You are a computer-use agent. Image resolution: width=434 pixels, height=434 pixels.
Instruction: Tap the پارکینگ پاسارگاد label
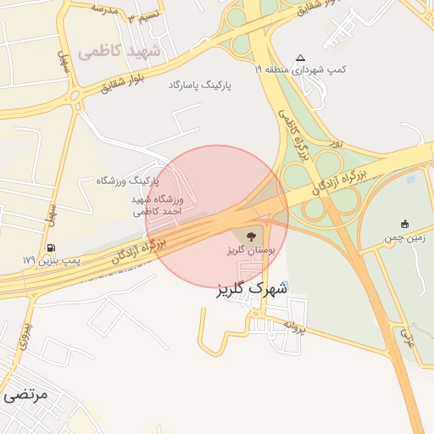[199, 86]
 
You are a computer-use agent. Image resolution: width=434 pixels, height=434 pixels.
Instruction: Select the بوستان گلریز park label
[247, 251]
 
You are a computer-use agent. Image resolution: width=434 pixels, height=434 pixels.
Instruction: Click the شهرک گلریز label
[253, 289]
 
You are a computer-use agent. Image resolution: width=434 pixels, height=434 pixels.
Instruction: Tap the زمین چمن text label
[405, 241]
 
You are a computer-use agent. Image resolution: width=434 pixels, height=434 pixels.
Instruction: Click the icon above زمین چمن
[405, 225]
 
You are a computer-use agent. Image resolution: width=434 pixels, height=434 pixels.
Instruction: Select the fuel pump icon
[53, 248]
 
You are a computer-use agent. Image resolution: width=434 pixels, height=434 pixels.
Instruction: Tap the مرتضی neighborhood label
[25, 394]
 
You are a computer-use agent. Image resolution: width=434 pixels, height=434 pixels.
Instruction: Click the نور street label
[337, 143]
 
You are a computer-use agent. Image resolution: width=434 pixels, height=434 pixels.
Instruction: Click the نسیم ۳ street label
[139, 18]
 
